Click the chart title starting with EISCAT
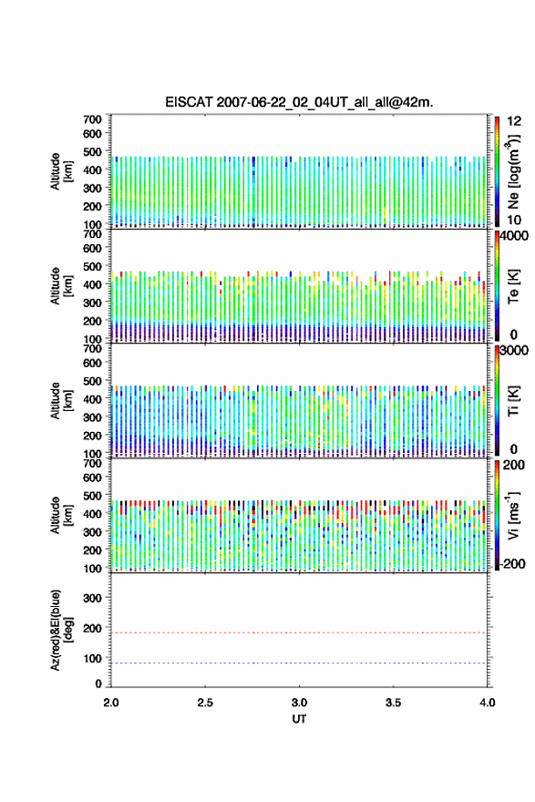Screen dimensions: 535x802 click(x=299, y=102)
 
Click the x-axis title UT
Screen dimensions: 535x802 click(x=299, y=719)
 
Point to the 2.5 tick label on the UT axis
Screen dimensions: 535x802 click(x=205, y=703)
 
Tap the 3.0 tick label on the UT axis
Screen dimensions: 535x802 click(x=299, y=703)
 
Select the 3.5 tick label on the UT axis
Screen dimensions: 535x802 click(x=394, y=703)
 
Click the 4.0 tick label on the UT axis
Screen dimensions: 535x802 click(x=488, y=703)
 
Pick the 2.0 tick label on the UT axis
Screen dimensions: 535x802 click(x=111, y=703)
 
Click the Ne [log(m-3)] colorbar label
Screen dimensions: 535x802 click(x=513, y=172)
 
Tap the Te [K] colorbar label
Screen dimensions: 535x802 click(x=513, y=286)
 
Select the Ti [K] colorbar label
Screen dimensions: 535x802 click(x=513, y=400)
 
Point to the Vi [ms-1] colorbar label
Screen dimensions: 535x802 click(x=513, y=515)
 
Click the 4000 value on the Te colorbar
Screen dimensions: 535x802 click(x=514, y=236)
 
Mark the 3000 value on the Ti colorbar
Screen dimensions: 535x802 click(x=514, y=350)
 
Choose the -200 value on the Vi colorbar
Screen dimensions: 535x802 click(x=512, y=563)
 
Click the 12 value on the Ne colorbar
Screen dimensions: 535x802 click(x=514, y=121)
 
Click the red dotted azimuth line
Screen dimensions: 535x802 click(x=299, y=632)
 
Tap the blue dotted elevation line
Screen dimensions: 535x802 click(x=299, y=663)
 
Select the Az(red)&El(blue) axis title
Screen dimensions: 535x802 click(x=59, y=630)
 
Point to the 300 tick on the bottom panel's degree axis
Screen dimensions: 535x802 click(x=92, y=598)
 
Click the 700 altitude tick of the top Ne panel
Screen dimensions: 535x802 click(x=92, y=119)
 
